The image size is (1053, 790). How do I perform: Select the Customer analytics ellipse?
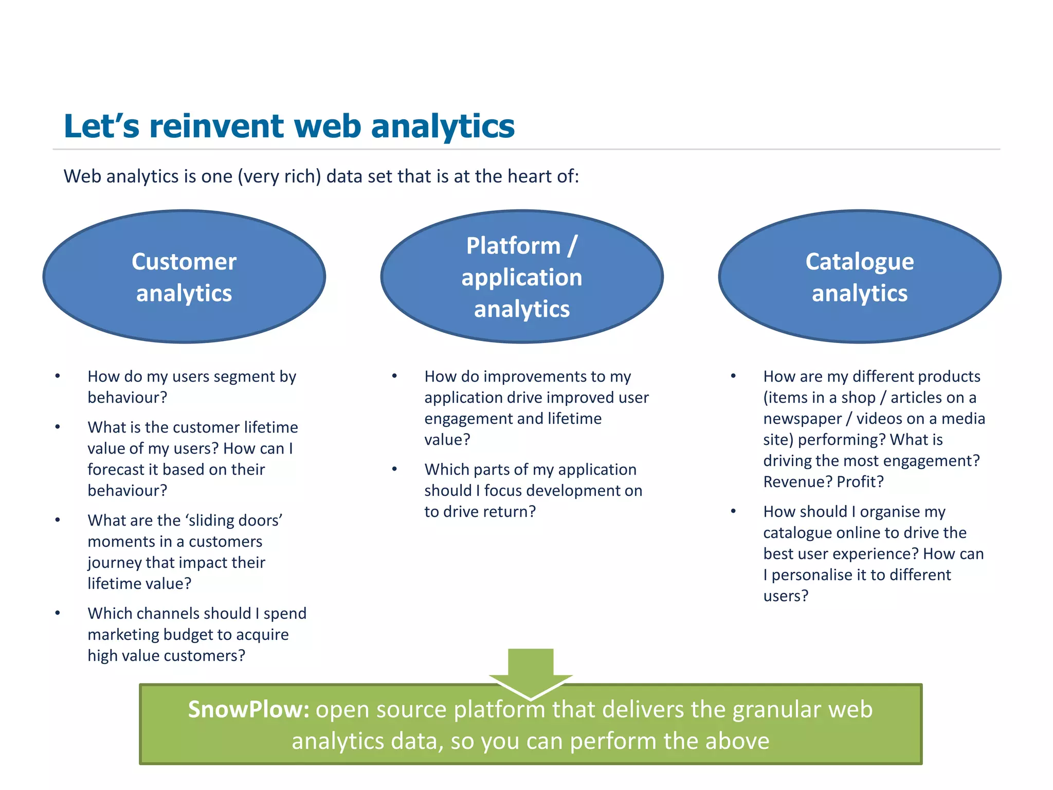184,277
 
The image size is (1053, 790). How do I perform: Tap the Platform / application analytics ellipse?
521,277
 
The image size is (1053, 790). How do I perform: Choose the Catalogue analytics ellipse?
859,277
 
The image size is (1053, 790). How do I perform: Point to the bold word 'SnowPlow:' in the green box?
248,709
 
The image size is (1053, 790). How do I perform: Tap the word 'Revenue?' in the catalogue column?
797,482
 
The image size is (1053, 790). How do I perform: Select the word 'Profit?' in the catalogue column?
860,482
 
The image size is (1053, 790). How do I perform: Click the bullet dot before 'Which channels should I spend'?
58,613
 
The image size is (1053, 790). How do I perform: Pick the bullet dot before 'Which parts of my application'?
395,469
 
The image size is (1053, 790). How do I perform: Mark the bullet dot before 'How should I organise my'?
734,511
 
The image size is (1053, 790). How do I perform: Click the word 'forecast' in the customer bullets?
116,470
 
